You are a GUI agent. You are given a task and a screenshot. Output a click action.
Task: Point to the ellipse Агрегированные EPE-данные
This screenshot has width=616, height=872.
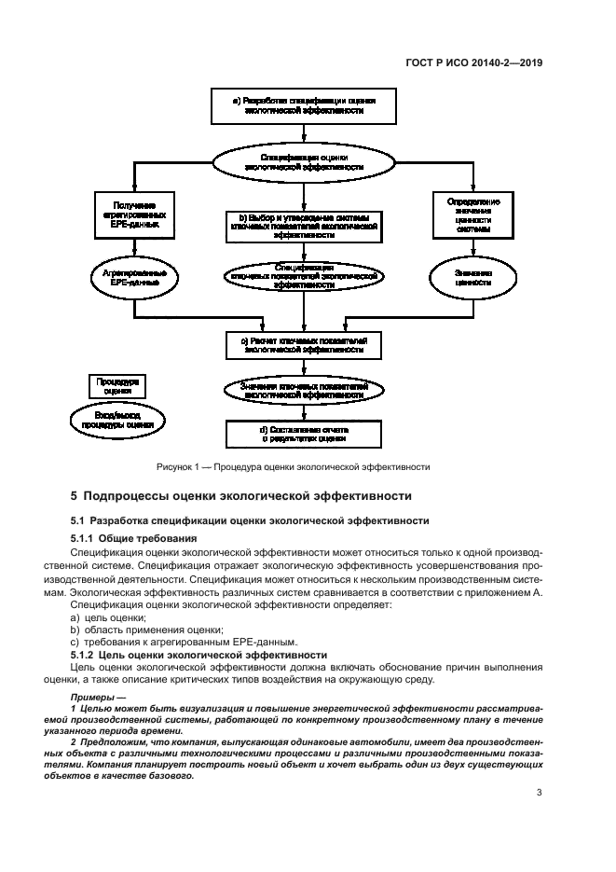pyautogui.click(x=134, y=278)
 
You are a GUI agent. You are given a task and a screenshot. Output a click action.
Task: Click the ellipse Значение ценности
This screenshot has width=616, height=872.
pyautogui.click(x=473, y=278)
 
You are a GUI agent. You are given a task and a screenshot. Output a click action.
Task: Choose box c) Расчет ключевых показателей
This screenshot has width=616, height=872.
pyautogui.click(x=303, y=345)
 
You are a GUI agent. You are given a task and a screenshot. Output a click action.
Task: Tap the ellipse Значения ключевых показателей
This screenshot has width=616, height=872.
pyautogui.click(x=303, y=390)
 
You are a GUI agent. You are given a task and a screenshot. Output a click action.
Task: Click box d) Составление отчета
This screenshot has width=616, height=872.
pyautogui.click(x=303, y=433)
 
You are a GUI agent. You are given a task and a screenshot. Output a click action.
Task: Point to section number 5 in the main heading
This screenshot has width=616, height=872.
pyautogui.click(x=75, y=496)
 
